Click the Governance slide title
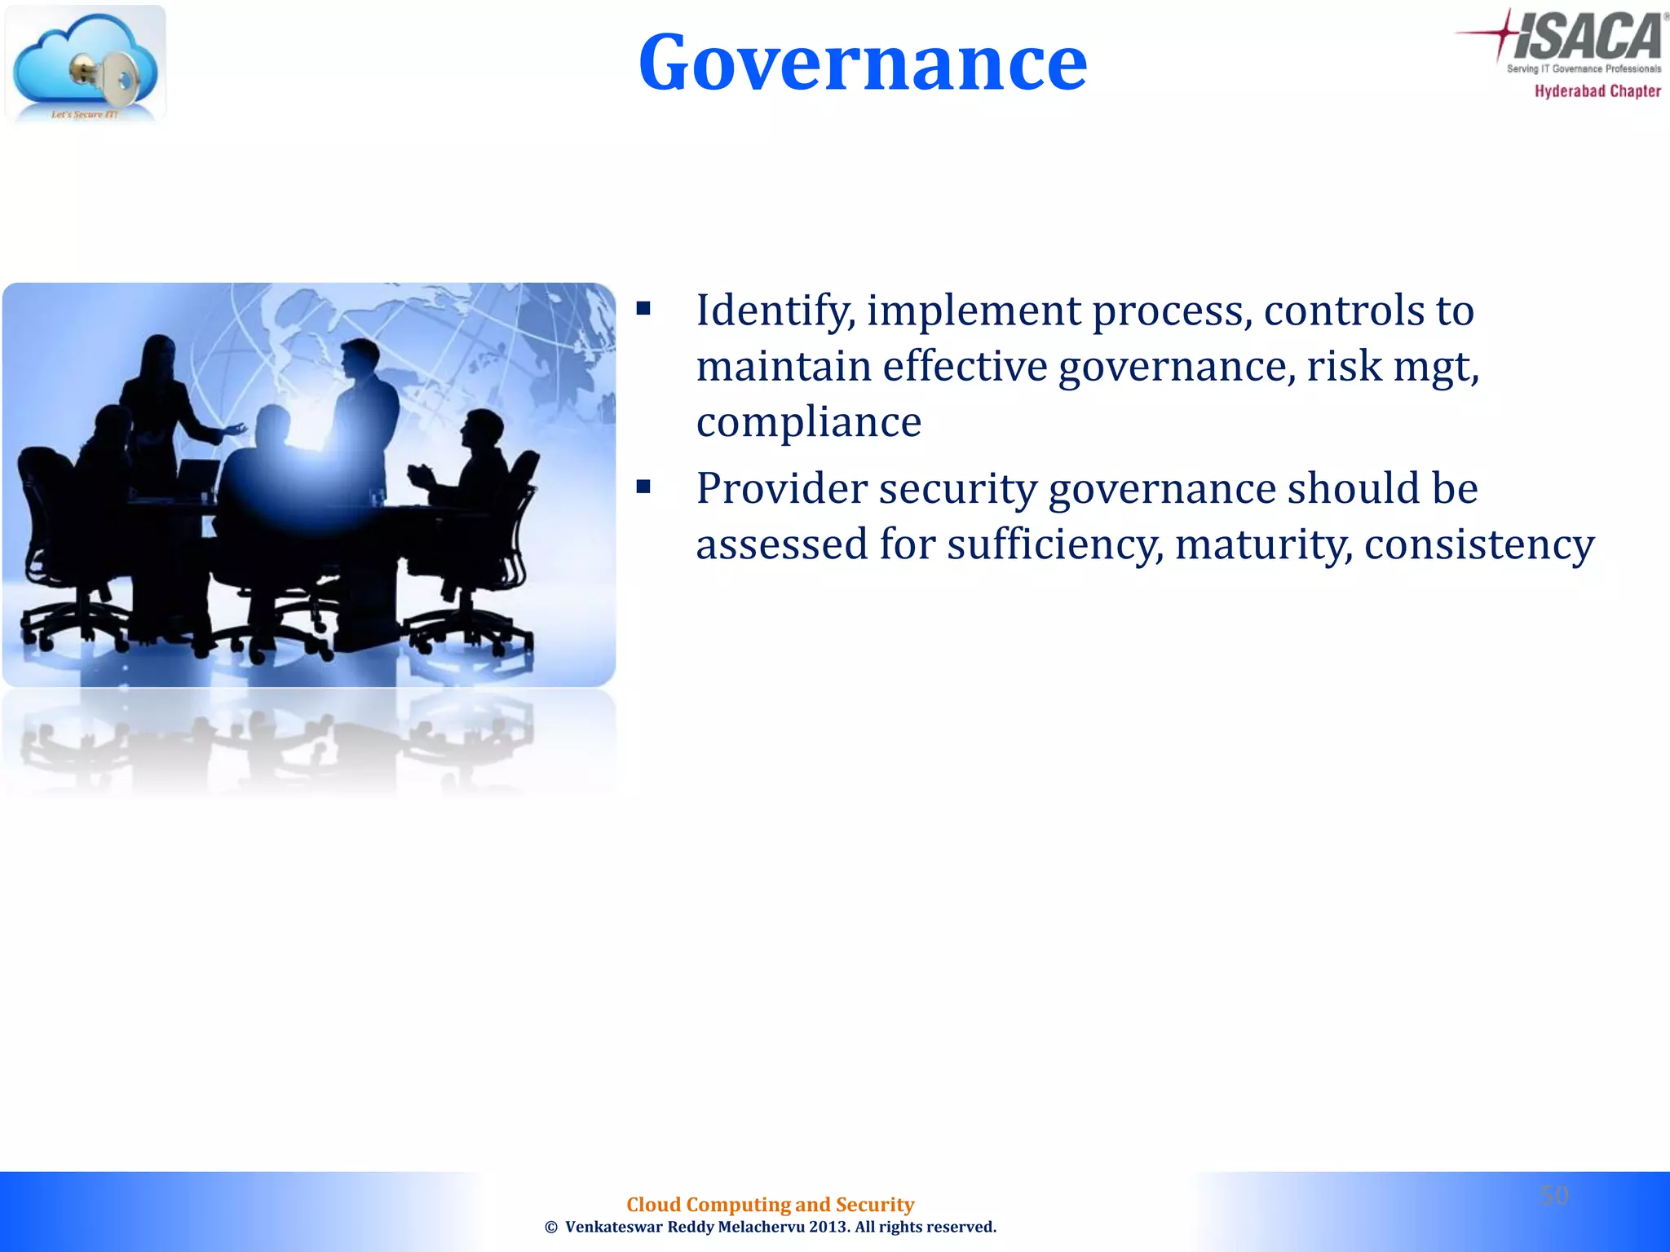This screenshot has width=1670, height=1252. [x=862, y=63]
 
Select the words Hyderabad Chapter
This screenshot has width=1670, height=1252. [x=1597, y=91]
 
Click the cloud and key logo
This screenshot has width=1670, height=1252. [x=85, y=64]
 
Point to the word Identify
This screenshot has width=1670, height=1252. [x=775, y=311]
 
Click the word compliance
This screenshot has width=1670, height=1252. [x=808, y=422]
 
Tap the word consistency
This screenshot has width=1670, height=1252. [x=1478, y=544]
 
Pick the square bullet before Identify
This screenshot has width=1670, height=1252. [x=644, y=309]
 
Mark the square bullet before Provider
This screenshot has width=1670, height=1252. [x=644, y=487]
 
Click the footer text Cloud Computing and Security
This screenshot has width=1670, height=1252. [x=770, y=1204]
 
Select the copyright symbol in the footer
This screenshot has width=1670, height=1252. [x=551, y=1228]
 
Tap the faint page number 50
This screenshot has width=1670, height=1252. [x=1554, y=1195]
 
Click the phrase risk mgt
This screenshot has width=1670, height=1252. [x=1392, y=367]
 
